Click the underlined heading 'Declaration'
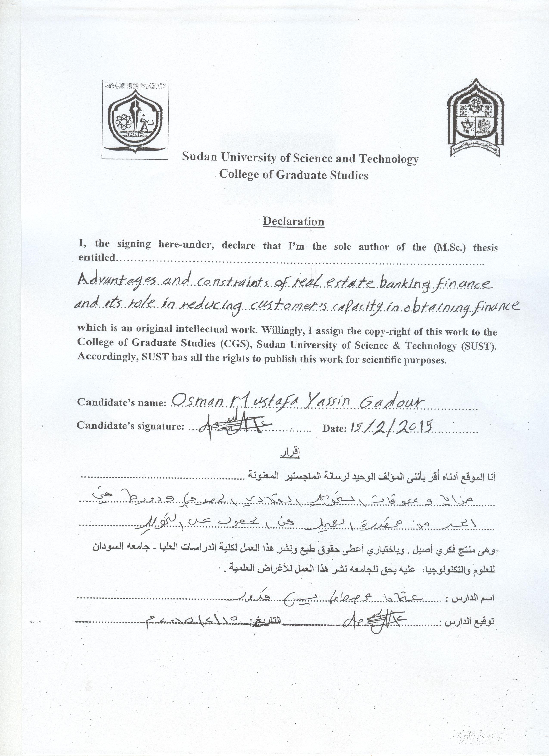point(293,221)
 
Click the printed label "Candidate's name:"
point(122,402)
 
